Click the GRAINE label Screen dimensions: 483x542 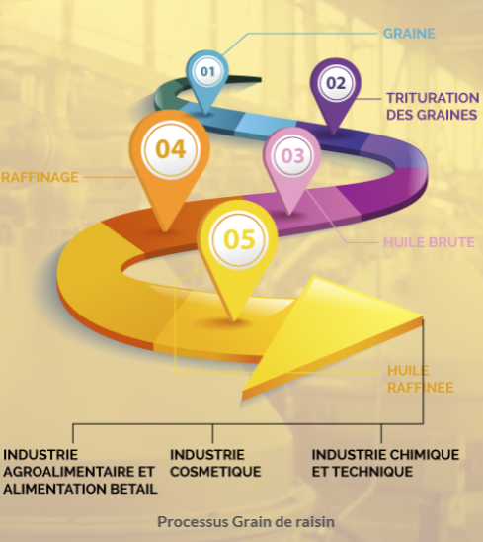tap(409, 34)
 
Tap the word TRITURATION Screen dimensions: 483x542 tap(433, 98)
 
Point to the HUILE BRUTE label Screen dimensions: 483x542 tap(429, 242)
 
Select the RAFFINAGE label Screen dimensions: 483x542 tap(40, 177)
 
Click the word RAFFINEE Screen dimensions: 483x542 tap(421, 388)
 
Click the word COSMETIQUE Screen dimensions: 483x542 tap(215, 472)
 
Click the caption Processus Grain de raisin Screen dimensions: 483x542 tap(246, 521)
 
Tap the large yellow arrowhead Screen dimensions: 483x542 tap(332, 332)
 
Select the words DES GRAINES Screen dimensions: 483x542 tap(432, 115)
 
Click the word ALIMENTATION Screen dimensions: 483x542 tap(54, 489)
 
